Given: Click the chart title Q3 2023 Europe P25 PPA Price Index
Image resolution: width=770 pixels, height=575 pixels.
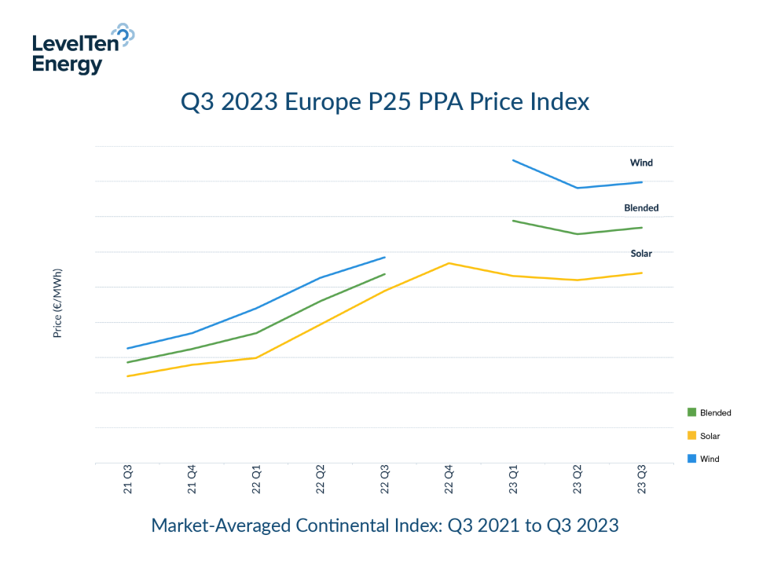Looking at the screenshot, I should pyautogui.click(x=385, y=102).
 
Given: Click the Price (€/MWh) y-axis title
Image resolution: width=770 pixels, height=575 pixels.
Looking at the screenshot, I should pyautogui.click(x=57, y=303).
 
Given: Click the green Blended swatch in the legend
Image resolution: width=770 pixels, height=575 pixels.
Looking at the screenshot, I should pyautogui.click(x=691, y=412).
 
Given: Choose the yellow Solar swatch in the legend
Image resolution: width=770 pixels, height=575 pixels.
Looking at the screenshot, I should pyautogui.click(x=691, y=435).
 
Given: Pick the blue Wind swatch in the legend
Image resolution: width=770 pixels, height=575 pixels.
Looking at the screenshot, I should pyautogui.click(x=691, y=459).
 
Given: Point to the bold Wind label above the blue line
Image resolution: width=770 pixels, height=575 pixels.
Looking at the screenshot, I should pyautogui.click(x=641, y=163).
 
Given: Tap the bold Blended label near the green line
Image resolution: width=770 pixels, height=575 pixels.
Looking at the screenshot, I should pyautogui.click(x=641, y=208).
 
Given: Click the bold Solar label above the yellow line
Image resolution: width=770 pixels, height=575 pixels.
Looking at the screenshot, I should pyautogui.click(x=641, y=254).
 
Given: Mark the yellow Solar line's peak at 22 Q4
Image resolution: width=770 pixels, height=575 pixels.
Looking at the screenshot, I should pyautogui.click(x=449, y=263).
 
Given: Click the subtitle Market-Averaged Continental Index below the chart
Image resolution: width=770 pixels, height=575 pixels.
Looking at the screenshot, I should pyautogui.click(x=385, y=526).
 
